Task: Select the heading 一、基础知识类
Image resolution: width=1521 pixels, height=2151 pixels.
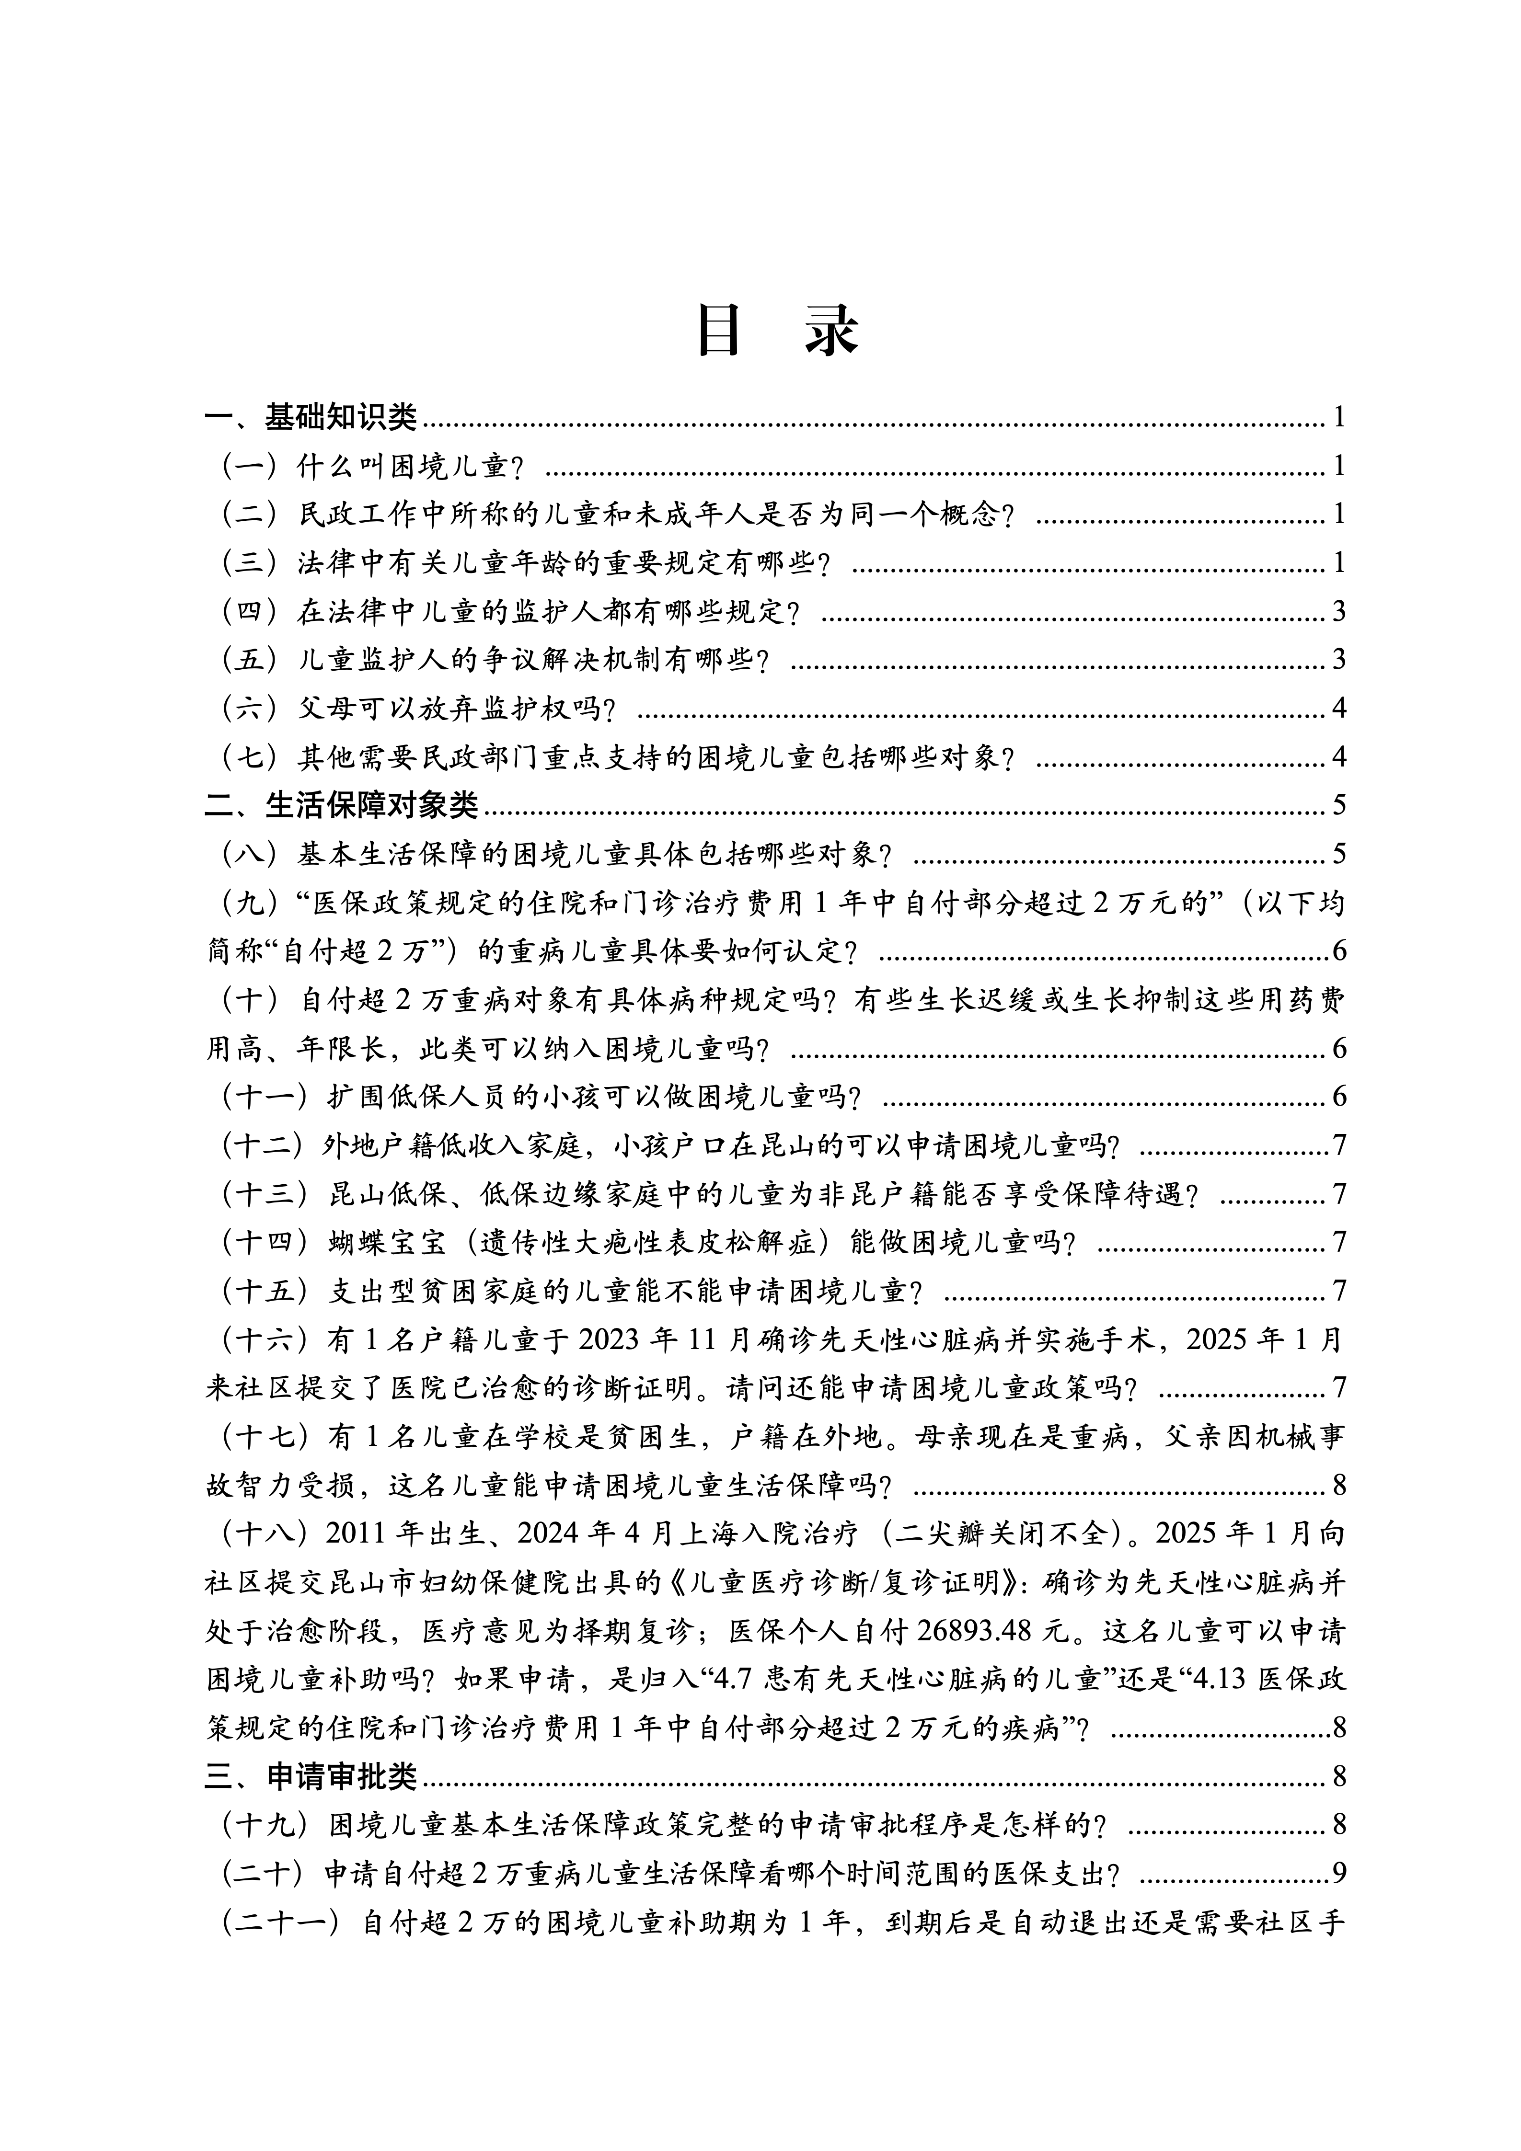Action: click(311, 417)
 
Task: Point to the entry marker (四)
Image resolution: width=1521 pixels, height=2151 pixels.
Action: click(249, 611)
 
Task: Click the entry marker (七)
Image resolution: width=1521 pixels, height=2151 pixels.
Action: click(249, 756)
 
